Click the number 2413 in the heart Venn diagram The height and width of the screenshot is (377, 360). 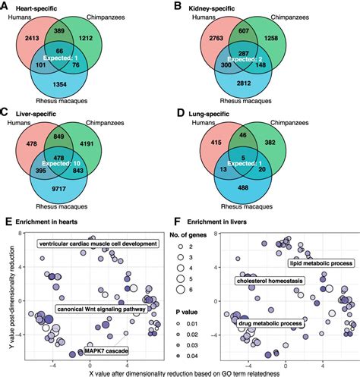32,38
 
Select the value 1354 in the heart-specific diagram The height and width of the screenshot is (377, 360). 59,84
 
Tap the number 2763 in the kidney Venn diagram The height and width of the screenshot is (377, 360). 216,38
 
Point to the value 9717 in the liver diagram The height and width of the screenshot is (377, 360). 59,189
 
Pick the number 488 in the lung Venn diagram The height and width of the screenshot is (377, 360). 243,187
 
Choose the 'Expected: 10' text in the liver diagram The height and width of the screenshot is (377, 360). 61,163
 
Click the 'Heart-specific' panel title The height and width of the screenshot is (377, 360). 36,8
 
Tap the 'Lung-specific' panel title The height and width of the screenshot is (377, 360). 209,114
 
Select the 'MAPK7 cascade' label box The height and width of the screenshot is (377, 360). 106,350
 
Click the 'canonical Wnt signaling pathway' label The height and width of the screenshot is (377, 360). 101,309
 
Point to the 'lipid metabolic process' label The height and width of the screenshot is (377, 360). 321,263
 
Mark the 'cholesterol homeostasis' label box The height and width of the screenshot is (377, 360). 270,281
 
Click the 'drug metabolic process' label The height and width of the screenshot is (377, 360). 270,323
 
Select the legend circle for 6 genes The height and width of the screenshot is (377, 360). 181,290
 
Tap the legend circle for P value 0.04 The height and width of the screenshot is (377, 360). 178,356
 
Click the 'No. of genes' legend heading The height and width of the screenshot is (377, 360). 188,235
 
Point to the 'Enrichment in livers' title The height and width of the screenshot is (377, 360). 217,221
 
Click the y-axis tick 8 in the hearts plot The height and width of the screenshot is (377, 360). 19,233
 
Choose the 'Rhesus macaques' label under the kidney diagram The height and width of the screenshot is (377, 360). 245,101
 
